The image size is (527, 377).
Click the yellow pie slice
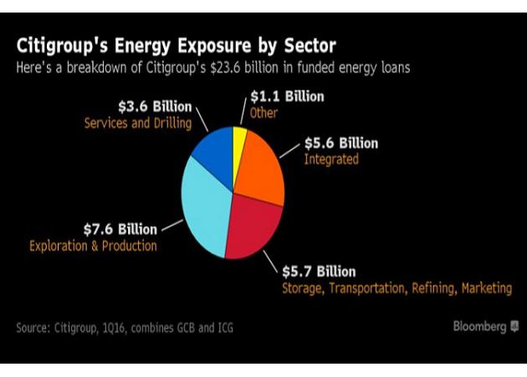tap(240, 142)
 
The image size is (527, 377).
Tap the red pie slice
tap(251, 226)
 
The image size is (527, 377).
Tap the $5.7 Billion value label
tap(318, 272)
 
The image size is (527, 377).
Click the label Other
tap(264, 113)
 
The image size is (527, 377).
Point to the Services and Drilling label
tap(137, 123)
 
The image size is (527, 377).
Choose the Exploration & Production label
tap(93, 246)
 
